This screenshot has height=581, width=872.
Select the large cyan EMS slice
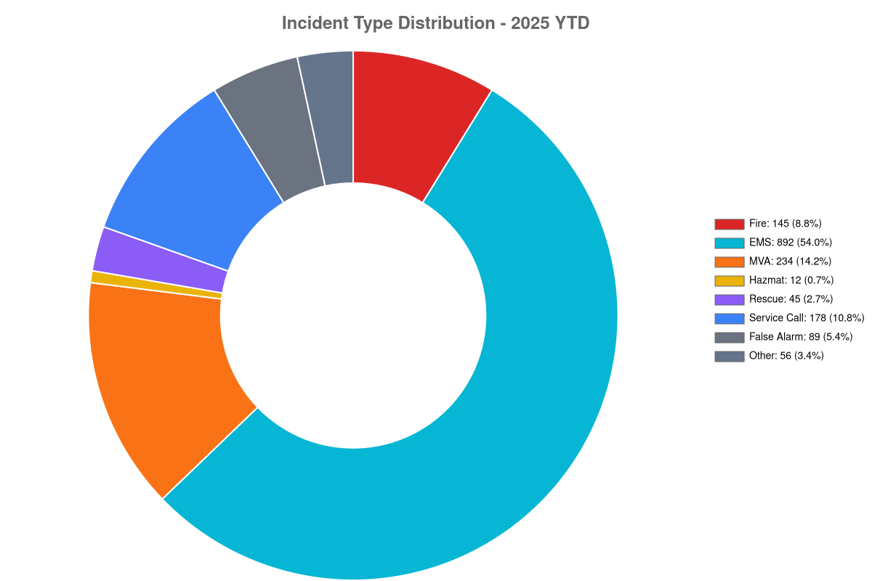tap(506, 389)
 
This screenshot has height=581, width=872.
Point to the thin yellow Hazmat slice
tap(156, 285)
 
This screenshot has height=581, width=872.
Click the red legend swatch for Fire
tap(729, 224)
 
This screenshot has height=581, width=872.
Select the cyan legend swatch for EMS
tap(729, 243)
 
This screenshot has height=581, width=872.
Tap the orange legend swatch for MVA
tap(729, 261)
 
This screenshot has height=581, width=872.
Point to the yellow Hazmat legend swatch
tap(729, 280)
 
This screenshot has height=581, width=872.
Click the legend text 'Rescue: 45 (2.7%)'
tap(791, 299)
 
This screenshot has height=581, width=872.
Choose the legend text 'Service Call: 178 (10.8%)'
tap(807, 318)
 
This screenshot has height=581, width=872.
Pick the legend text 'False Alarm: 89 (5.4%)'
tap(801, 336)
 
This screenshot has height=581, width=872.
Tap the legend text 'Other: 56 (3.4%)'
tap(786, 356)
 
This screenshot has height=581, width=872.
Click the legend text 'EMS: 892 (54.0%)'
tap(791, 243)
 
